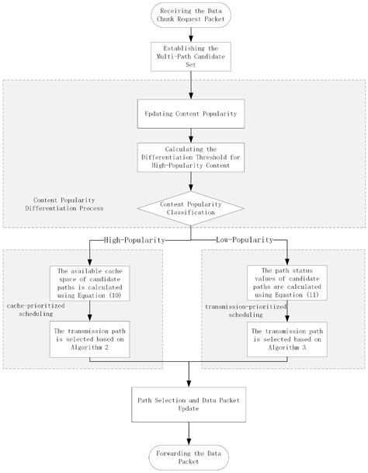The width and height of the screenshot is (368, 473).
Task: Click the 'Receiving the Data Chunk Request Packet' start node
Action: (x=189, y=16)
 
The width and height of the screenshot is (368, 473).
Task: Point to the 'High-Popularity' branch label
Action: (x=134, y=241)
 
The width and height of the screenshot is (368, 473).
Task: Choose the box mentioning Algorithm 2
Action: (x=91, y=339)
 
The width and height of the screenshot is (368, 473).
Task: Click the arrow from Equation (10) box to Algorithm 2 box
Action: (x=91, y=311)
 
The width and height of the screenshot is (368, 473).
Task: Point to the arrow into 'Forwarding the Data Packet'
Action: (x=189, y=430)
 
